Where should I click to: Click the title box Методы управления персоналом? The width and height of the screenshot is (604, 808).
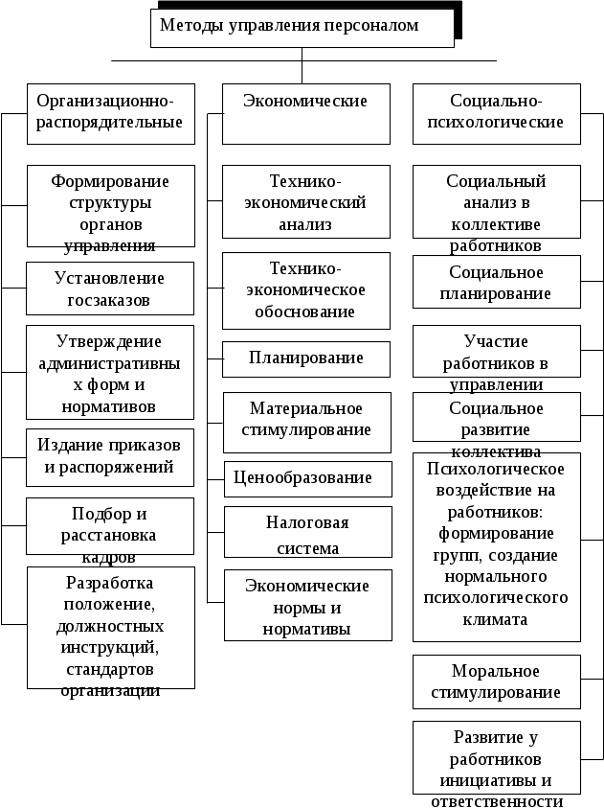coord(302,28)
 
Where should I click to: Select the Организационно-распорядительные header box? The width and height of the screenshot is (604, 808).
coord(110,113)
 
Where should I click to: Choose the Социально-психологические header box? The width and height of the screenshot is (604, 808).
coord(496,113)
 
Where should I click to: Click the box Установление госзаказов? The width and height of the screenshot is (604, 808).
coord(110,289)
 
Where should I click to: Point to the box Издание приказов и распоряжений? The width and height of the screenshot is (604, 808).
coord(110,456)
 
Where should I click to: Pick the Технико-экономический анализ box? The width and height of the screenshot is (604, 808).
coord(305,202)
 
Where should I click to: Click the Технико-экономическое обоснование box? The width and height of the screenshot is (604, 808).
coord(305,290)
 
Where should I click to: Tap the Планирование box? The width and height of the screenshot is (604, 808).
coord(305,358)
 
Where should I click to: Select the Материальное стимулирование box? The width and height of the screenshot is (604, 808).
coord(305,421)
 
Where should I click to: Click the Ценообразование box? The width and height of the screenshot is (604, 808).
coord(305,478)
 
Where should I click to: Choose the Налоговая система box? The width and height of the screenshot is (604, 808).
coord(305,534)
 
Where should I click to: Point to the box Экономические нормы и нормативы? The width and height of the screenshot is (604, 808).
coord(307,606)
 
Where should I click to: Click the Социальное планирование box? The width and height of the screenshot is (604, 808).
coord(496,283)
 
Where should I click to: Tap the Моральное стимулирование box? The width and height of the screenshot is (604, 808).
coord(496,681)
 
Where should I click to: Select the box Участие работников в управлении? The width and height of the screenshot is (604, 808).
coord(496,353)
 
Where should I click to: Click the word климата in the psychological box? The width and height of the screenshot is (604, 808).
coord(496,619)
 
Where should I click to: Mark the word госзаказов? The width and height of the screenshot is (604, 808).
coord(110,301)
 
